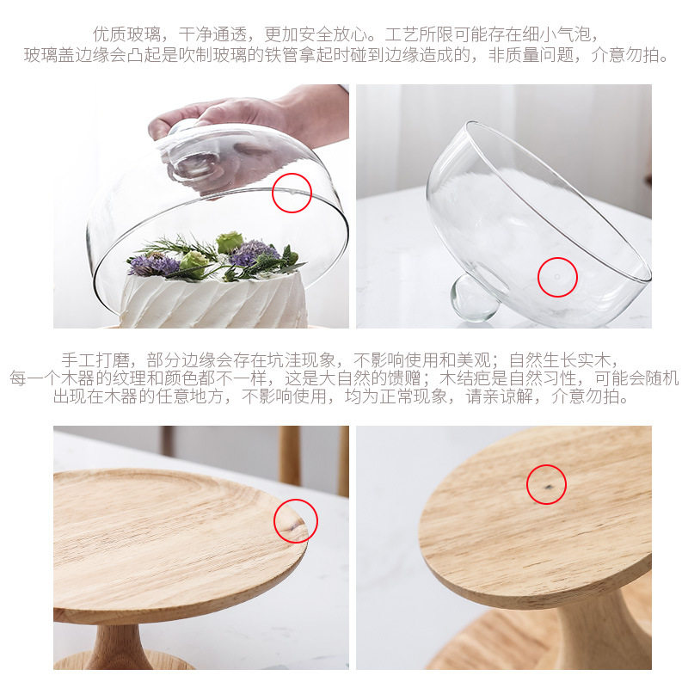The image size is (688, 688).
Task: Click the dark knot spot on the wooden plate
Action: coord(548,487)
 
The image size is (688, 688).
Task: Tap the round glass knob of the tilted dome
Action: coord(473,298)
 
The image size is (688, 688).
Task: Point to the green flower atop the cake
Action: coord(230,242)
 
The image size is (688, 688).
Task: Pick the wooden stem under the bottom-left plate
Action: coord(116,647)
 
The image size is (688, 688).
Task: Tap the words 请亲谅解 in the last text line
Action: coord(499,396)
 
